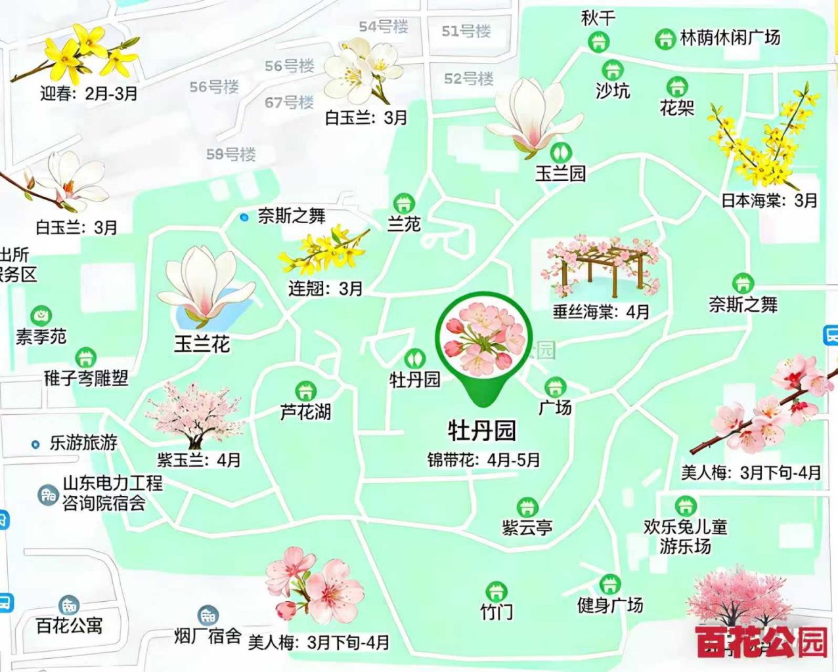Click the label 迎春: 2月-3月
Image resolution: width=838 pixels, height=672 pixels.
pos(89,93)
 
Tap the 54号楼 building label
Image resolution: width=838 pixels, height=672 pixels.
pos(384,27)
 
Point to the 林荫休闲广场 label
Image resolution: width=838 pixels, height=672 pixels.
pos(730,37)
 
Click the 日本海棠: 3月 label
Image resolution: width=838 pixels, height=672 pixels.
pos(769,200)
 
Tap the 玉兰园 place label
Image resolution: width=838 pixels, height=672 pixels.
pos(560,173)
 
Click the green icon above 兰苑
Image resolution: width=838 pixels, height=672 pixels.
pos(403,203)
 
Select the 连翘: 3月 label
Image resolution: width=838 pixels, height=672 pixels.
pos(325,288)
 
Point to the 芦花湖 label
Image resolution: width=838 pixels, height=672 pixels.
pos(305,412)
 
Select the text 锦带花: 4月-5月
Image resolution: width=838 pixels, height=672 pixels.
pos(483,459)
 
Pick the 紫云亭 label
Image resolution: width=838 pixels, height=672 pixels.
pos(527,527)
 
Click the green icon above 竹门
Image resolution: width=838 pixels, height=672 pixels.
pos(496,591)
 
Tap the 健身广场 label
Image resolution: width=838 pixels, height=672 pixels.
pos(609,604)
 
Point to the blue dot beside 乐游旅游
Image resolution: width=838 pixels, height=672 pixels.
pos(36,444)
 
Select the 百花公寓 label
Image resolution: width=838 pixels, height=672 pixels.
pos(69,625)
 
